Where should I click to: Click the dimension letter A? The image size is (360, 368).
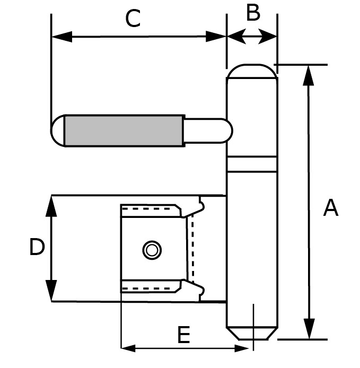331,208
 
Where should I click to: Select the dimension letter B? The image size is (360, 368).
253,13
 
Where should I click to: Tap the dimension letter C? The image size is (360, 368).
133,20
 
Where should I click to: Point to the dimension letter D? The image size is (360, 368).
37,247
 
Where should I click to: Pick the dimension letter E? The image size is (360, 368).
183,335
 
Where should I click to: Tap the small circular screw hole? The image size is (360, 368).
152,249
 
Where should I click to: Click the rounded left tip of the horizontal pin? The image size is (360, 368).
57,130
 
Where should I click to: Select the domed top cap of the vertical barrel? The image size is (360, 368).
252,72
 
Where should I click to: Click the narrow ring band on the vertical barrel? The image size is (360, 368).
252,164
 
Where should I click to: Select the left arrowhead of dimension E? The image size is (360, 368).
129,348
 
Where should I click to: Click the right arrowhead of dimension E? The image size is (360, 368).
242,348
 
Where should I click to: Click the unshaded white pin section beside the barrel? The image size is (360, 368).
207,130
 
